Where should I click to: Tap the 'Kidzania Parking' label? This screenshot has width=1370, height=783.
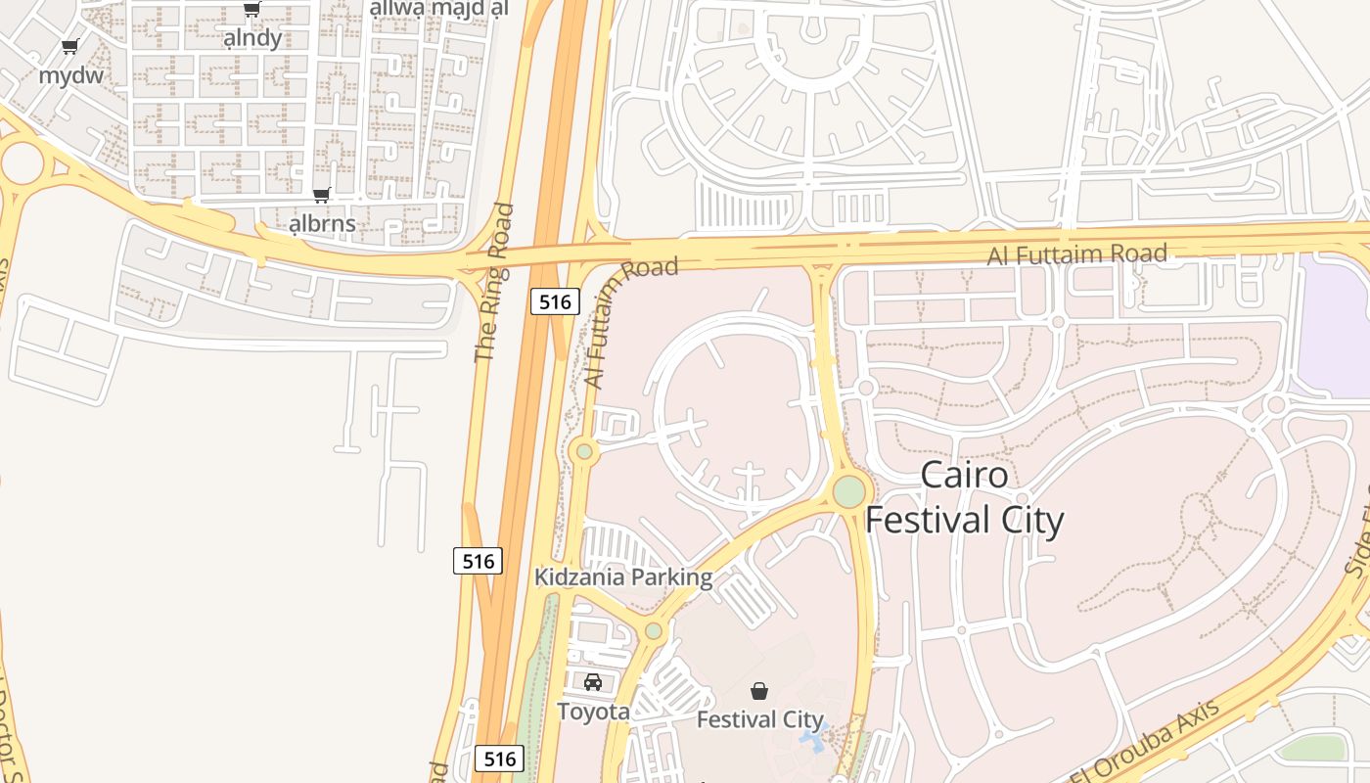(x=623, y=577)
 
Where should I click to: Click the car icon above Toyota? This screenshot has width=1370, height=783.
(x=593, y=682)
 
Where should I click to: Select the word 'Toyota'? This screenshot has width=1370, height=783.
(x=593, y=712)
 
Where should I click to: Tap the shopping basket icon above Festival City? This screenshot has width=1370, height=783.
(x=759, y=691)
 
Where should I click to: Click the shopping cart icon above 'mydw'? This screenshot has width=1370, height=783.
(x=69, y=46)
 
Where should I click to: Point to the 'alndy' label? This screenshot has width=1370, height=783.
(x=252, y=38)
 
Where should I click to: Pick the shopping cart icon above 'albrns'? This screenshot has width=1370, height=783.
(x=321, y=196)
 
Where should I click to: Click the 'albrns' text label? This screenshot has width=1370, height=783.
(x=322, y=224)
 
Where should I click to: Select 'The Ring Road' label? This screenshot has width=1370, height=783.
(x=493, y=283)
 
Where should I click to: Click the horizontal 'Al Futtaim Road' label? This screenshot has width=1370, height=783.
(x=1076, y=254)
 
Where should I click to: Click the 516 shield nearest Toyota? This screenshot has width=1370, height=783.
(x=499, y=759)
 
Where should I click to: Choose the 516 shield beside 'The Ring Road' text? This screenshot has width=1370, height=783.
(x=555, y=301)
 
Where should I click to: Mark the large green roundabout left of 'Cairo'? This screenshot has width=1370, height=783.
(x=848, y=491)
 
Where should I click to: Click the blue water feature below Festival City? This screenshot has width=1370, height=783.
(x=813, y=732)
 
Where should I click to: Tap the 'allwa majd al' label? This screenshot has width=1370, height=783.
(x=439, y=9)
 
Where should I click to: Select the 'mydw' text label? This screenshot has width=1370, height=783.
(x=70, y=75)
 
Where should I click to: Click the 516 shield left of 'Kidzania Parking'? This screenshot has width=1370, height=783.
(x=478, y=561)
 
